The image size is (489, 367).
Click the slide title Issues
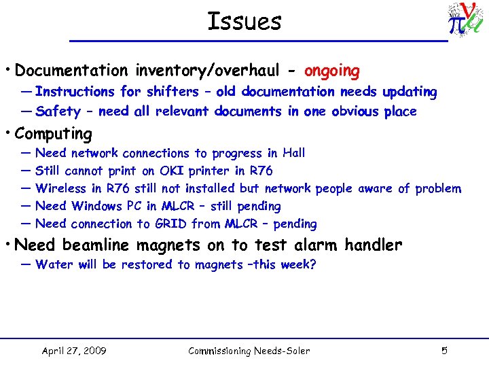tap(244, 22)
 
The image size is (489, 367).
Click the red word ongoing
tap(332, 71)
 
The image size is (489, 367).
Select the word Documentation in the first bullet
tap(71, 71)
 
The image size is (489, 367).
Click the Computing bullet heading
tap(53, 133)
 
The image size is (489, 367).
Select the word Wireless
tap(62, 188)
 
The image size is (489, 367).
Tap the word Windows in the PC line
tap(97, 206)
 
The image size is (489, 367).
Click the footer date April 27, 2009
tap(73, 351)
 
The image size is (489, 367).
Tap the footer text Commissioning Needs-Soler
tap(249, 351)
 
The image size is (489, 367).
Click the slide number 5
tap(444, 351)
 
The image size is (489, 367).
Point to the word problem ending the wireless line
tap(438, 188)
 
